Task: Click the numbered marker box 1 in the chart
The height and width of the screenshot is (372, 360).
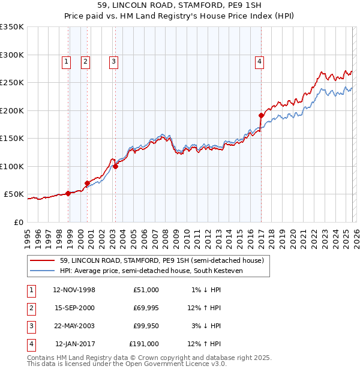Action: [65, 61]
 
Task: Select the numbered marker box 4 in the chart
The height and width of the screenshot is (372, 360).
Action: [259, 61]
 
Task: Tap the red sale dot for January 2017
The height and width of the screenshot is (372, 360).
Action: [261, 115]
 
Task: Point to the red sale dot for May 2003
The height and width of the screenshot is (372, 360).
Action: [115, 167]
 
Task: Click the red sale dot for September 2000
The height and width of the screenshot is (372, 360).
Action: [87, 183]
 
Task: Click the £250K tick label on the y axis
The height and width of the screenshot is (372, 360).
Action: [12, 83]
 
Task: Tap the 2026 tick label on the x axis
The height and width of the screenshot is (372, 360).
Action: [355, 235]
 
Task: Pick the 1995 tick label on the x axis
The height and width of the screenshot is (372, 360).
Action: [28, 235]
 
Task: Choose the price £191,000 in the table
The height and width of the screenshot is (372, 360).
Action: [144, 344]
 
